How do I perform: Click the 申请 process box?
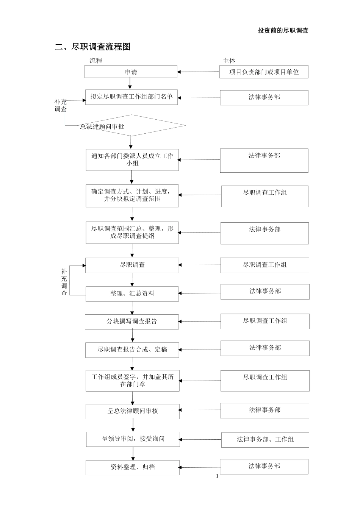pyautogui.click(x=131, y=72)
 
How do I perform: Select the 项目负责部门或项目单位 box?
pyautogui.click(x=264, y=72)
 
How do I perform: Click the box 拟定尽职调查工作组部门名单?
pyautogui.click(x=131, y=97)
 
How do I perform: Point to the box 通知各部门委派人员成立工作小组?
pyautogui.click(x=132, y=159)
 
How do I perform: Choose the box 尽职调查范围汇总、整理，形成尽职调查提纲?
pyautogui.click(x=132, y=232)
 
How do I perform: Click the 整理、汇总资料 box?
pyautogui.click(x=132, y=294)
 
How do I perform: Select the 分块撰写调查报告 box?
pyautogui.click(x=131, y=322)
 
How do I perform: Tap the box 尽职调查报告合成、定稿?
pyautogui.click(x=132, y=350)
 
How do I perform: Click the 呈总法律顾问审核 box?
pyautogui.click(x=132, y=411)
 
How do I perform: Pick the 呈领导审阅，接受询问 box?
pyautogui.click(x=133, y=439)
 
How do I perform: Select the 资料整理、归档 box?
pyautogui.click(x=132, y=467)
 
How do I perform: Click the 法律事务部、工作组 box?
pyautogui.click(x=265, y=440)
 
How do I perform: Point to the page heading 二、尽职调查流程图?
pyautogui.click(x=93, y=47)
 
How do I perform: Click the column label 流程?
pyautogui.click(x=95, y=61)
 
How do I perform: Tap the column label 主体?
pyautogui.click(x=229, y=61)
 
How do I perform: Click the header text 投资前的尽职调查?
pyautogui.click(x=283, y=31)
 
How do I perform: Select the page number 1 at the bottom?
pyautogui.click(x=217, y=476)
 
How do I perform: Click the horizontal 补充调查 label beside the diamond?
pyautogui.click(x=61, y=105)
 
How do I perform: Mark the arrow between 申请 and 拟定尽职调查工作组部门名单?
pyautogui.click(x=130, y=83)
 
